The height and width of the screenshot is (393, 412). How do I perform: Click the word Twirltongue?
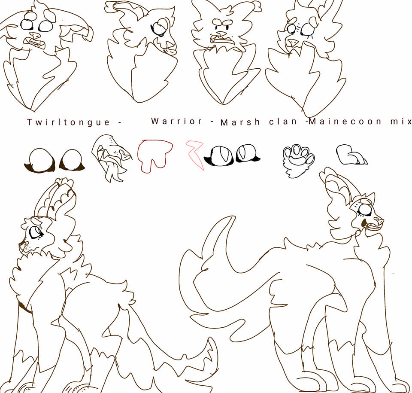coord(69,122)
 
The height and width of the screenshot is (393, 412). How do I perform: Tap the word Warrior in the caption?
coord(176,121)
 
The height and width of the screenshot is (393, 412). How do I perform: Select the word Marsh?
coord(240,122)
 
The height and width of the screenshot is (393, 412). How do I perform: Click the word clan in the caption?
coord(283,121)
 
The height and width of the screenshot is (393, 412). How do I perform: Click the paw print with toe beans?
coord(298,160)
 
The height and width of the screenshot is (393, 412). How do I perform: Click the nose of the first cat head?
coord(35,35)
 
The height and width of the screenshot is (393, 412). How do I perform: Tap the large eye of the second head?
coord(159,29)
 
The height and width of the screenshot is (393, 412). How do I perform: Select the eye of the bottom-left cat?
coord(36,232)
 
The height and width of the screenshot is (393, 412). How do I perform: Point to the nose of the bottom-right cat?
coord(379,220)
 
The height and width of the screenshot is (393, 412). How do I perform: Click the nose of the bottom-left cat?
coord(21,244)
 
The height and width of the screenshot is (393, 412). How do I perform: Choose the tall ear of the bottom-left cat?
coord(57,200)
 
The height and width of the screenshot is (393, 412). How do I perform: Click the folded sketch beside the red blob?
coord(110,158)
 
